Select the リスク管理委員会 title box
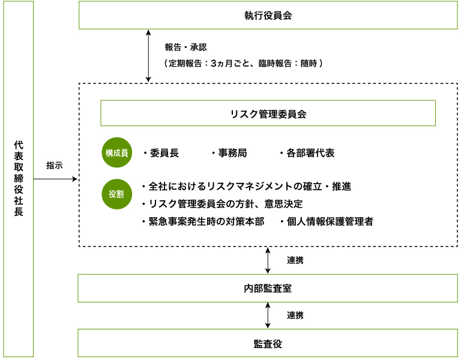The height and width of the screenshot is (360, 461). [x=268, y=113]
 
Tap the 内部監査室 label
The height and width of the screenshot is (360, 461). [x=268, y=289]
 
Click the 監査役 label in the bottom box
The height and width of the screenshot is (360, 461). [x=268, y=344]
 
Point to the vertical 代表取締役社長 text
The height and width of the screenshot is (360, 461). [x=18, y=178]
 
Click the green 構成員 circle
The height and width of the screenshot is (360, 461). [x=117, y=153]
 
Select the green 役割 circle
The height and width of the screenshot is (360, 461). [x=117, y=194]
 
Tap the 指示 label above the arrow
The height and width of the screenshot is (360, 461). [x=54, y=166]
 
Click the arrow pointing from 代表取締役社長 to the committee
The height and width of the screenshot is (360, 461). [x=55, y=179]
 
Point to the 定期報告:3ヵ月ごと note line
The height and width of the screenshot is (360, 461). [x=244, y=62]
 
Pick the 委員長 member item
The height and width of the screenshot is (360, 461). [x=161, y=153]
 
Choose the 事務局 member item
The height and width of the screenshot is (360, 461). [x=229, y=153]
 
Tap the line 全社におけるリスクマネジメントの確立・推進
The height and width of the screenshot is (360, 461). [x=246, y=187]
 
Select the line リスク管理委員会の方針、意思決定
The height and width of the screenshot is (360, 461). [x=221, y=204]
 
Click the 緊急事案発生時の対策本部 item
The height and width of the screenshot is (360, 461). [x=202, y=221]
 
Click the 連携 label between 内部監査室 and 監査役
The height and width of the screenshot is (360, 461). [x=295, y=316]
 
